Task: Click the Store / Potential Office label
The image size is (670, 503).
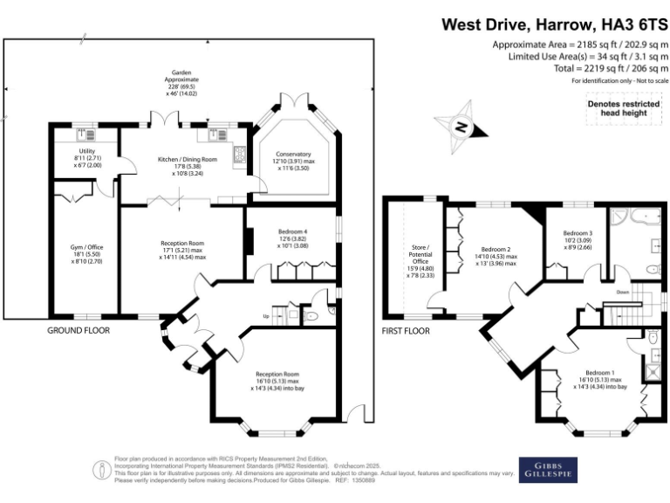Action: click(420, 260)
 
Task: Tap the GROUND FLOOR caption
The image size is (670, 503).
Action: click(78, 331)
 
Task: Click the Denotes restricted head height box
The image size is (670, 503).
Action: click(622, 107)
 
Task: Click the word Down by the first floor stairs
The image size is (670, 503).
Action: click(622, 292)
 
